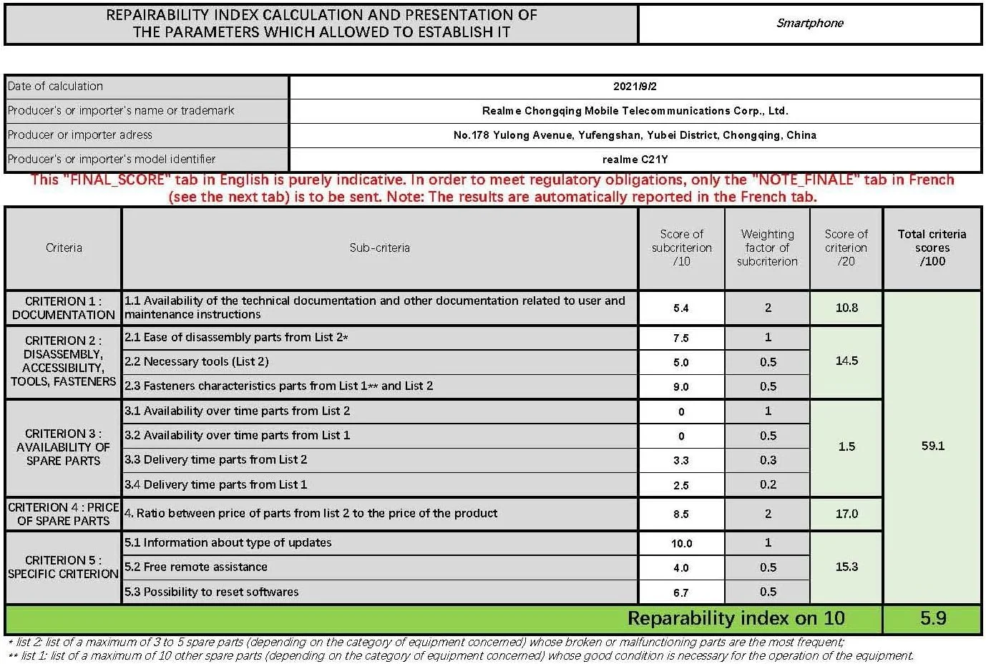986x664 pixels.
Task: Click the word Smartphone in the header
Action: pos(809,23)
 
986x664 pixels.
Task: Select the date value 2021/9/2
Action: pos(635,87)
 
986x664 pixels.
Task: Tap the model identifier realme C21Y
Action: pos(635,160)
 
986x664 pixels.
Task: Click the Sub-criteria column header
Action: pos(379,248)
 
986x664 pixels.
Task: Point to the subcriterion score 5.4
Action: pos(680,308)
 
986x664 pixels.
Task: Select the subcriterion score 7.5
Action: pos(680,338)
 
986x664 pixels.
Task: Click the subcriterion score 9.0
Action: pos(680,387)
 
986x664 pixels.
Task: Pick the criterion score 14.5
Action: pos(846,361)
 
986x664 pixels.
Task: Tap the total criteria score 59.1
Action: pos(932,446)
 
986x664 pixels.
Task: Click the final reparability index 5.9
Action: pos(932,618)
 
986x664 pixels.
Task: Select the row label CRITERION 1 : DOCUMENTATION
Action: pos(63,308)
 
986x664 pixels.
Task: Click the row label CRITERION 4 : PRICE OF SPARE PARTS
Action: pos(63,514)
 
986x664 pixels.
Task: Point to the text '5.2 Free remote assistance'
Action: pos(196,567)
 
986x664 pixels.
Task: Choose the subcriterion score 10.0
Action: pos(681,544)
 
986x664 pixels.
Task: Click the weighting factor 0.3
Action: pos(768,460)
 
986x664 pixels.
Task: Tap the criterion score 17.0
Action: pos(846,514)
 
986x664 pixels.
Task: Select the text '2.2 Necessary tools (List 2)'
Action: pos(197,362)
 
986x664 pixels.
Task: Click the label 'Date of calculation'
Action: pos(55,87)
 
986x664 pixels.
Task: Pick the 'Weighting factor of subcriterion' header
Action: pos(767,248)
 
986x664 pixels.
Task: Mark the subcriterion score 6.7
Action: pos(680,593)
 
